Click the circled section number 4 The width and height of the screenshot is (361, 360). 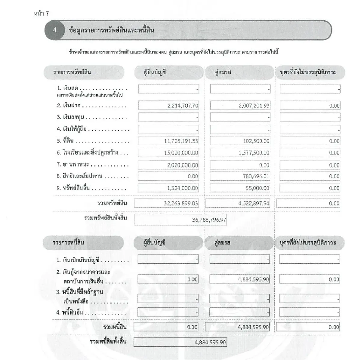[55, 30]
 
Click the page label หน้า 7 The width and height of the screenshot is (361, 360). [42, 13]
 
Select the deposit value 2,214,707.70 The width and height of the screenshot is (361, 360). [183, 106]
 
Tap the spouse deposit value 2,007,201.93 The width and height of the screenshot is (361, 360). [254, 106]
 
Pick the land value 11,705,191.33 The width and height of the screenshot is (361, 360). [181, 141]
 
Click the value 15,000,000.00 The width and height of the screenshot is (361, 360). [181, 153]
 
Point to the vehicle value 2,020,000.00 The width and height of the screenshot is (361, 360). [183, 165]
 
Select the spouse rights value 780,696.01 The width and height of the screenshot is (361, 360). [256, 176]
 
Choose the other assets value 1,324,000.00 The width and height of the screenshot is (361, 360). [183, 188]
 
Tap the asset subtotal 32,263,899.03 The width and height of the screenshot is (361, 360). [181, 204]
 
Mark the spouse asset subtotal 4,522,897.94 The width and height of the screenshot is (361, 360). [254, 204]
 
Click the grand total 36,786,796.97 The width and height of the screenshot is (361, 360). [209, 220]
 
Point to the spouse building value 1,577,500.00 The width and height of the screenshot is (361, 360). [254, 153]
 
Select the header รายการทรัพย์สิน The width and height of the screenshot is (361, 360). [72, 72]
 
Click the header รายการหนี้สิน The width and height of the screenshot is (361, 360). [68, 243]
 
